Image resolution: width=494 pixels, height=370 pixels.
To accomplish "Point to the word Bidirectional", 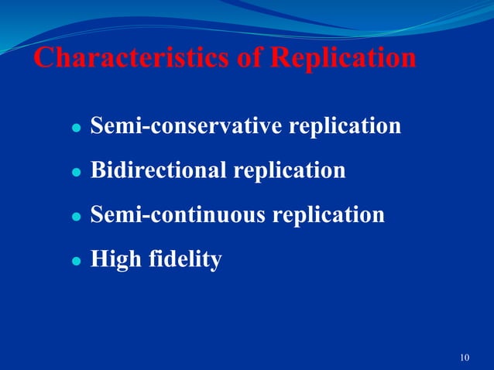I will click(x=160, y=170).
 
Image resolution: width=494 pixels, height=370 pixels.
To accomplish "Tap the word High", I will click(x=113, y=259).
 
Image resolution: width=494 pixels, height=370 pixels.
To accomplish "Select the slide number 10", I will click(x=465, y=357).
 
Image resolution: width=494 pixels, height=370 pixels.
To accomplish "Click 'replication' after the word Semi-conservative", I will click(x=345, y=126).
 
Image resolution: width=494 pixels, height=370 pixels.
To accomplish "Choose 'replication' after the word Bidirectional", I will click(x=290, y=171).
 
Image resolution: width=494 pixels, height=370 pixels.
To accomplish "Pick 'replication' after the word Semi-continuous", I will click(x=328, y=215).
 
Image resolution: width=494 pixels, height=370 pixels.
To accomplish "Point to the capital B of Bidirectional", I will click(x=98, y=170).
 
